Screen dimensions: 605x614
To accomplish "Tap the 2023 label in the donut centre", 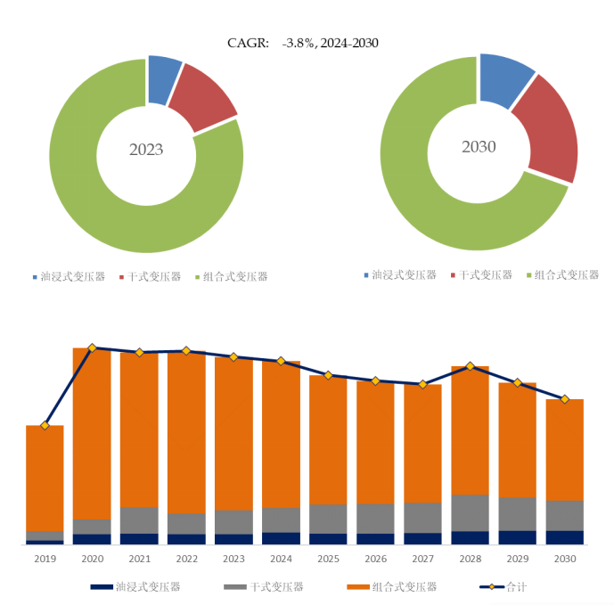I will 146,150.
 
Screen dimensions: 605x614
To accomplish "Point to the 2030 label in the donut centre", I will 479,147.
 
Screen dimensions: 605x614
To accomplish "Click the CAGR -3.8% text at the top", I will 303,43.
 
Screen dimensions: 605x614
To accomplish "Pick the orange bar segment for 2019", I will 45,478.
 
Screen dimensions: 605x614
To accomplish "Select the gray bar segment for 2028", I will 470,513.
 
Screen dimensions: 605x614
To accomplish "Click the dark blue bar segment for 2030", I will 564,537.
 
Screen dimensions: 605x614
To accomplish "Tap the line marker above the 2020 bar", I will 92,347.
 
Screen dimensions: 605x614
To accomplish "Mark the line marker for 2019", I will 45,425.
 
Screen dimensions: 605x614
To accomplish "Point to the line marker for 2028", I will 470,366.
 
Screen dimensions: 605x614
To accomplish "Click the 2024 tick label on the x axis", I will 281,559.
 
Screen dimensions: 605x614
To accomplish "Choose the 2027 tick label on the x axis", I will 422,559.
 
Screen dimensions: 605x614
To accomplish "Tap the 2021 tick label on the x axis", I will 139,559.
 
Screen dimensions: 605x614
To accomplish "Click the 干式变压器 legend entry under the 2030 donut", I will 481,275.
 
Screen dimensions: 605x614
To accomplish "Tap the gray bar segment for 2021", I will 139,520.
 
